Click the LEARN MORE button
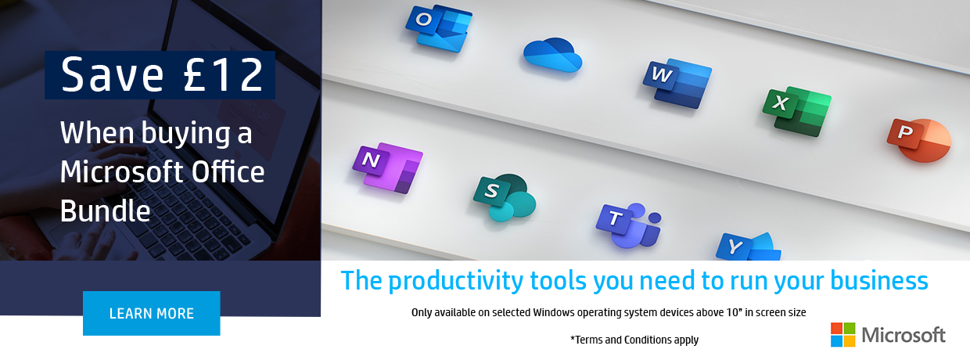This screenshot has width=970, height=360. click(152, 313)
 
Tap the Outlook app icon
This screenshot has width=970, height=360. click(439, 29)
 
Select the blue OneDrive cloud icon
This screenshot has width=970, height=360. click(552, 55)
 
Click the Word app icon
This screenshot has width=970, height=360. click(677, 83)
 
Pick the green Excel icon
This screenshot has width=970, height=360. click(797, 111)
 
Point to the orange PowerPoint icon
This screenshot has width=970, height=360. click(919, 140)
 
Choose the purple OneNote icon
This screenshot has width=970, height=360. click(387, 168)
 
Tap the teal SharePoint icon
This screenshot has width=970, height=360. click(505, 197)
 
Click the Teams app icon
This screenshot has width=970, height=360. click(629, 225)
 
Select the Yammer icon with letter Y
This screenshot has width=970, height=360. click(749, 247)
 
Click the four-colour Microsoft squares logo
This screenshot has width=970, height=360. click(842, 335)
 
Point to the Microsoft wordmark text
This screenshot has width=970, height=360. click(904, 335)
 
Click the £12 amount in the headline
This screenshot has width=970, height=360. click(224, 75)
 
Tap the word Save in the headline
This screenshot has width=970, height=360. click(113, 75)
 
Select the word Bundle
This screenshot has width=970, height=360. click(106, 211)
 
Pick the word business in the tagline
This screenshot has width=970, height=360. click(879, 280)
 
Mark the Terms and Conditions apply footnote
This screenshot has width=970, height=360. click(634, 340)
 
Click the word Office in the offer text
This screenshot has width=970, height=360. click(228, 171)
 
